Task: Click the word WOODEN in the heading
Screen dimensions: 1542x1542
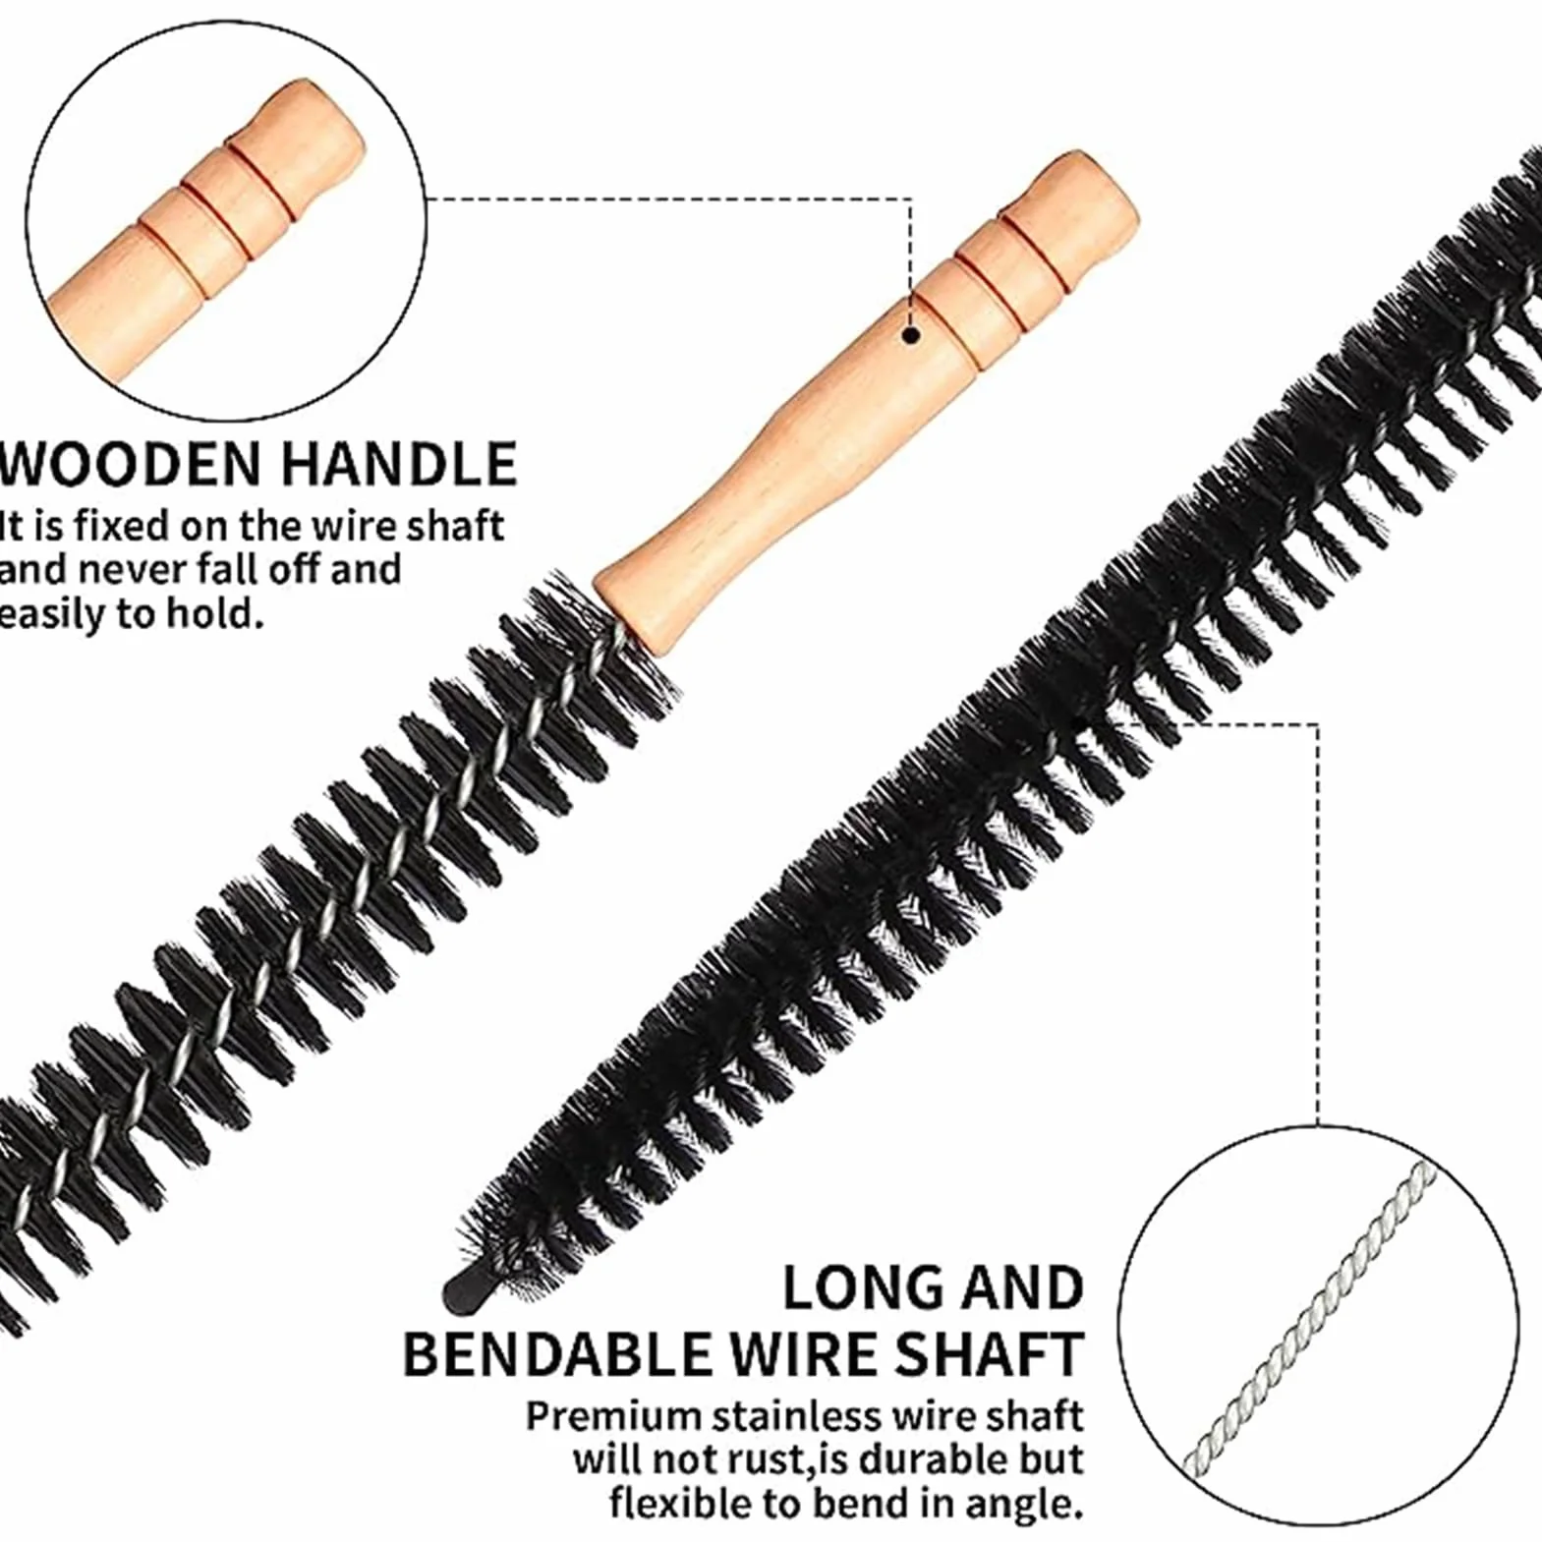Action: click(x=131, y=464)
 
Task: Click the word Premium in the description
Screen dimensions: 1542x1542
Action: click(x=613, y=1417)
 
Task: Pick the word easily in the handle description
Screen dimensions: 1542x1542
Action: click(x=49, y=615)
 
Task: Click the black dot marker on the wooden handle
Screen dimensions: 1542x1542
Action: click(x=911, y=335)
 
